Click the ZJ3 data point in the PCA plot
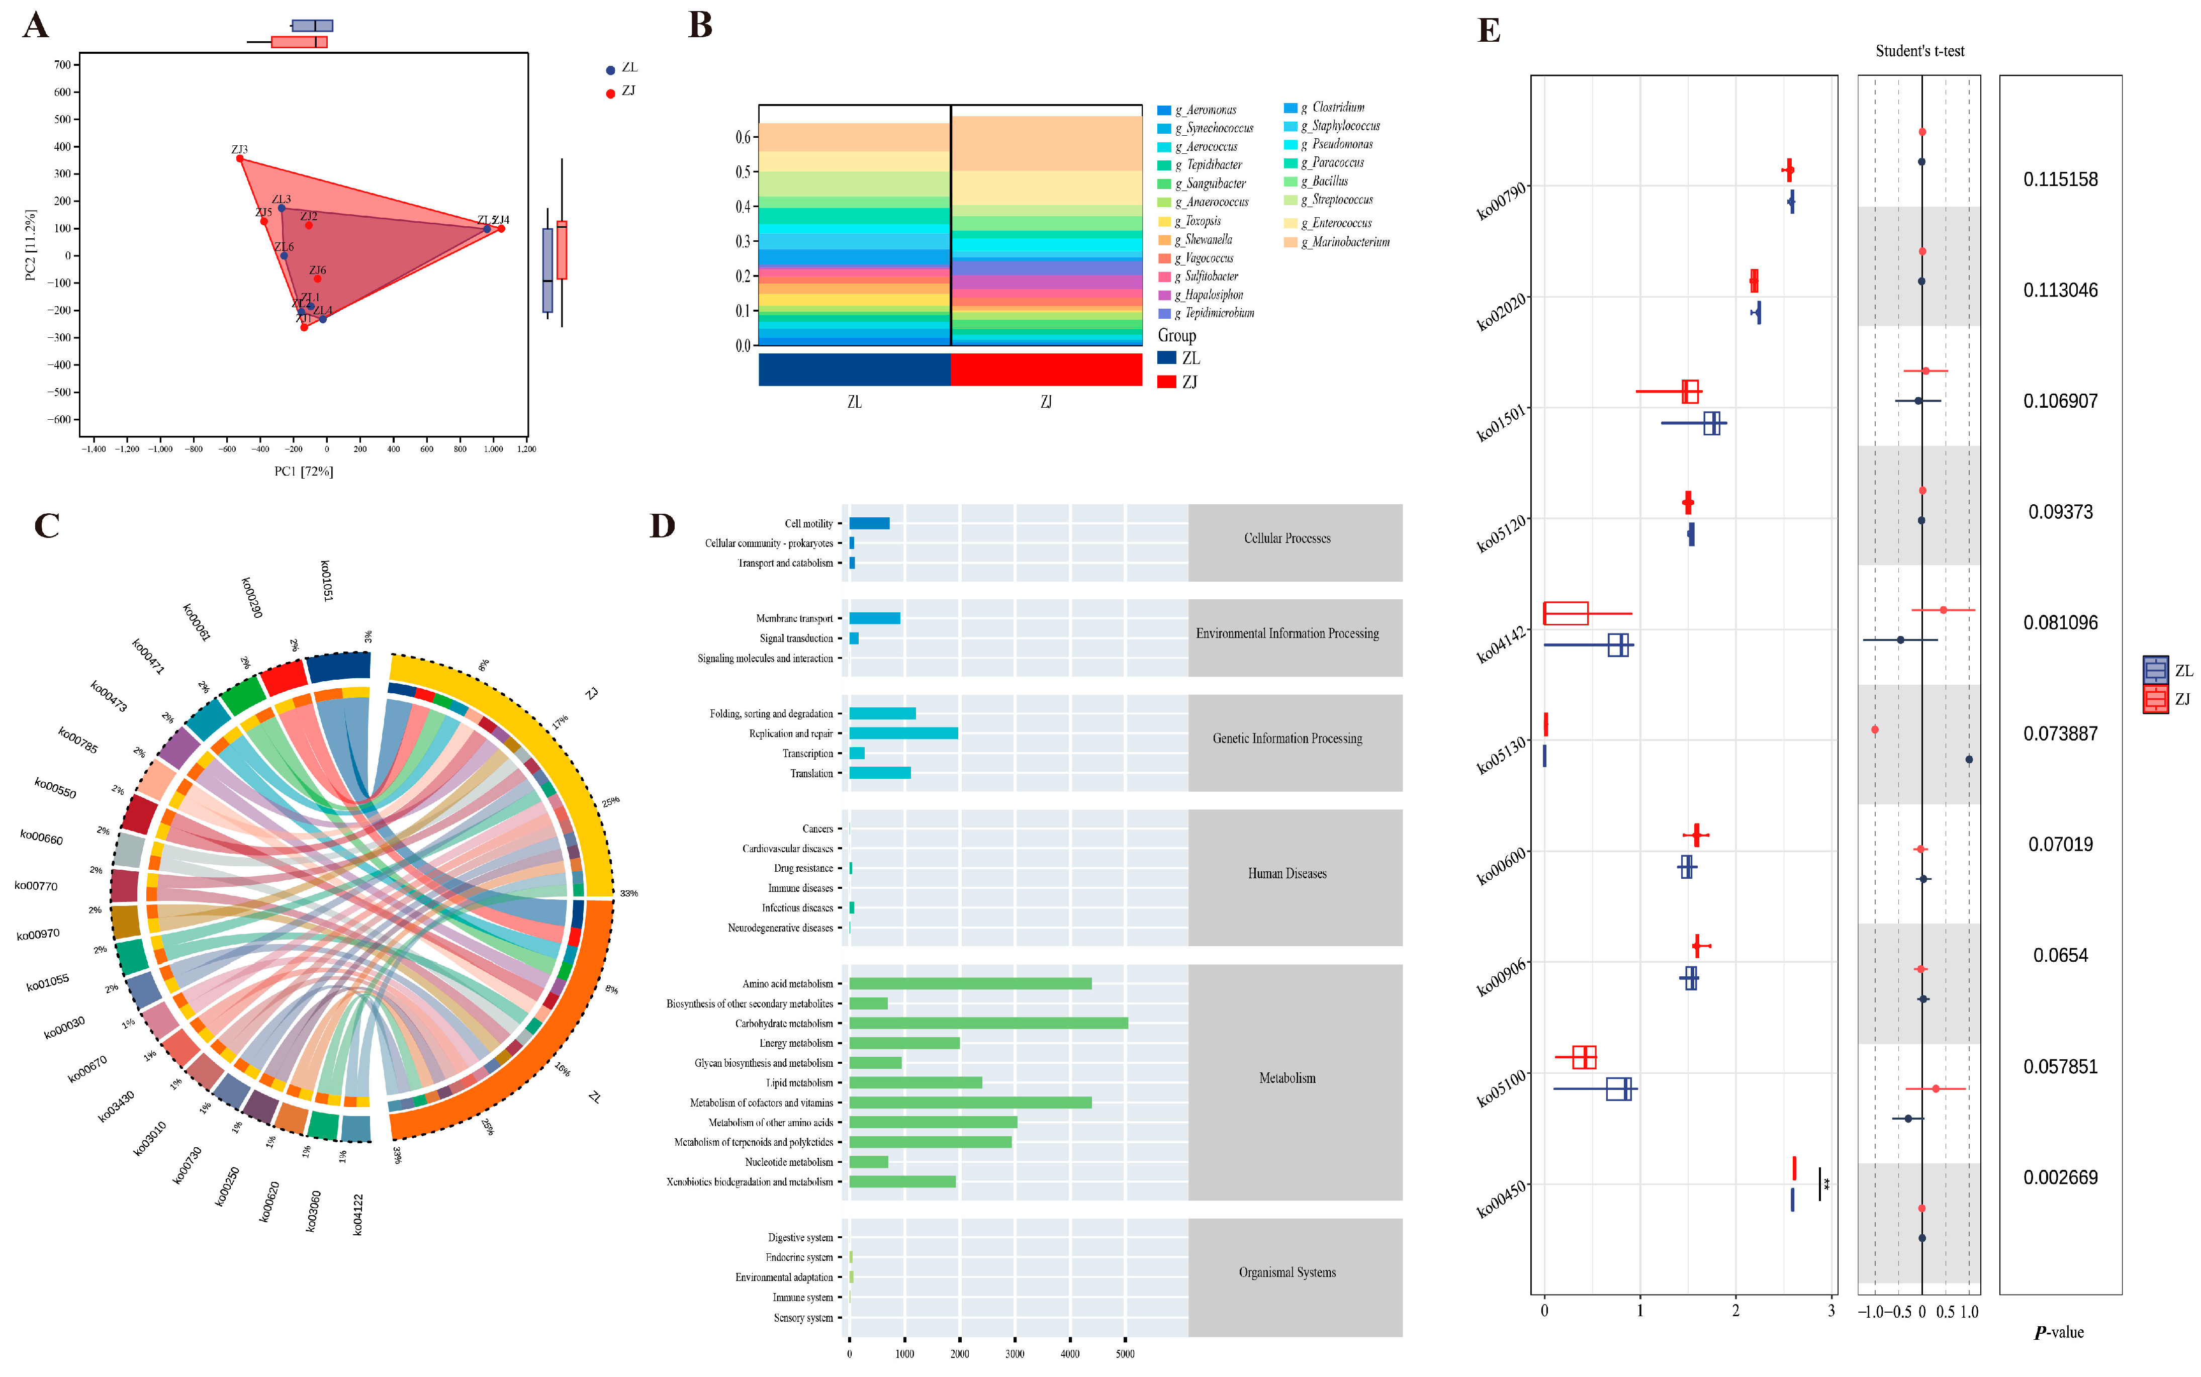(x=239, y=158)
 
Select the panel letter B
(x=699, y=26)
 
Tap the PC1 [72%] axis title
(x=303, y=471)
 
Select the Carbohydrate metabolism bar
(x=988, y=1023)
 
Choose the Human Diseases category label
(x=1286, y=873)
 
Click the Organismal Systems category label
(x=1286, y=1272)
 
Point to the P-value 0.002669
(x=2060, y=1177)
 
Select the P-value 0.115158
(x=2060, y=179)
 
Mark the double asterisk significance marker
(x=1826, y=1184)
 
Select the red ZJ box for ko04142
(x=1566, y=613)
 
